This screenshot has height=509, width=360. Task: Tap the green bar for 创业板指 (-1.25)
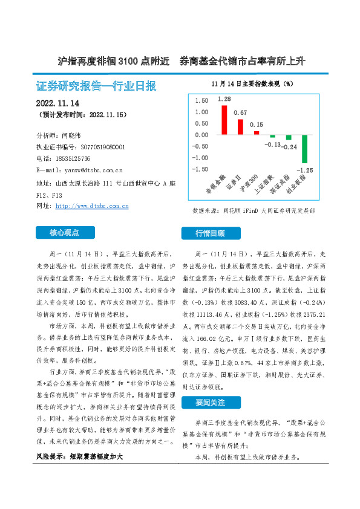304,149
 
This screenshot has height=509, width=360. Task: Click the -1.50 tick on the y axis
199,169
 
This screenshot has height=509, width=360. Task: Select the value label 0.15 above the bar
257,124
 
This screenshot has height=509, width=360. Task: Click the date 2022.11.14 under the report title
62,103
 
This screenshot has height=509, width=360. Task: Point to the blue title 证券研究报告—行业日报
96,85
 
